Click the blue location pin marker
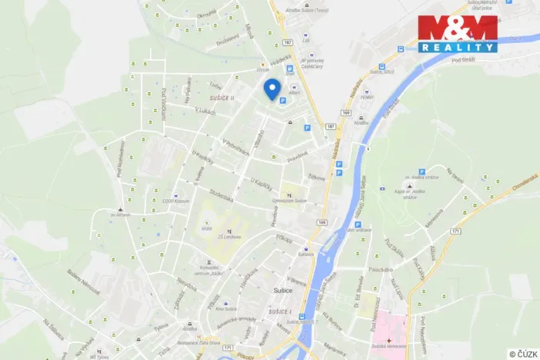(271, 88)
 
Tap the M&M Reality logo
(457, 33)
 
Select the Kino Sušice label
(225, 308)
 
